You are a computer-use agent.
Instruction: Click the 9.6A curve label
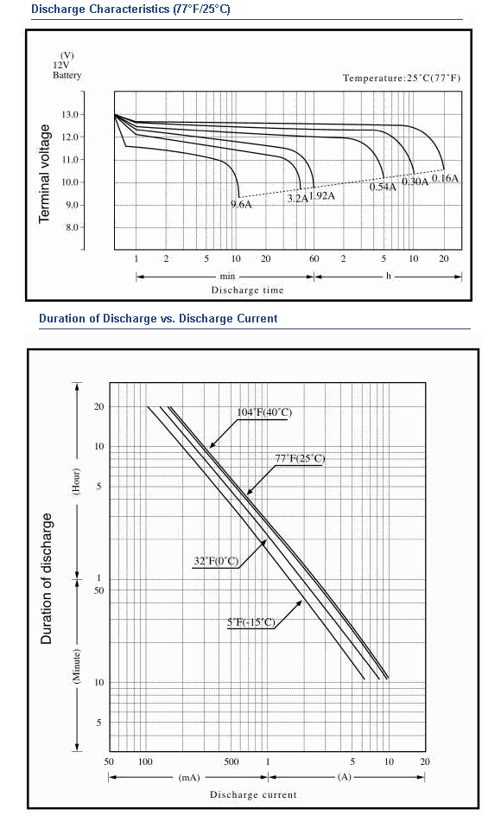[x=241, y=205]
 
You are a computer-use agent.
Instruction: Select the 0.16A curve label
[x=445, y=178]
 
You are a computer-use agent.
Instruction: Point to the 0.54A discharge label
[x=383, y=187]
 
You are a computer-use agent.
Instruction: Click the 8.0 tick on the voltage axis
[x=72, y=227]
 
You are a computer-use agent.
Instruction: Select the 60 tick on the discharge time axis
[x=314, y=258]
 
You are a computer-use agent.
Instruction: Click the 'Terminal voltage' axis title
[x=45, y=174]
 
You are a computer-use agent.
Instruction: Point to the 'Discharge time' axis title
[x=248, y=290]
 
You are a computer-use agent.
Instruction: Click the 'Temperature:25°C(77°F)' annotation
[x=402, y=79]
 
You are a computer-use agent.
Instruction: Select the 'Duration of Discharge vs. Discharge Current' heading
[x=158, y=318]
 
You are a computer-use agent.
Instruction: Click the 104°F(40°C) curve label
[x=264, y=412]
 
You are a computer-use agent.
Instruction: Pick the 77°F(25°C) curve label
[x=300, y=458]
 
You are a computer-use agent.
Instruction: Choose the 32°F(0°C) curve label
[x=216, y=561]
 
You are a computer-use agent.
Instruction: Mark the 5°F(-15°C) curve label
[x=251, y=622]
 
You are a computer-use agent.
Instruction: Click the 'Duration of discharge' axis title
[x=47, y=579]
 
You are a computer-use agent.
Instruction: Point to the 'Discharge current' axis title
[x=253, y=794]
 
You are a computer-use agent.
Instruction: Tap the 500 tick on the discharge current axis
[x=231, y=762]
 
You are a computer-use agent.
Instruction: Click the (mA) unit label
[x=188, y=777]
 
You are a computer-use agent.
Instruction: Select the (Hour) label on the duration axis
[x=77, y=481]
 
